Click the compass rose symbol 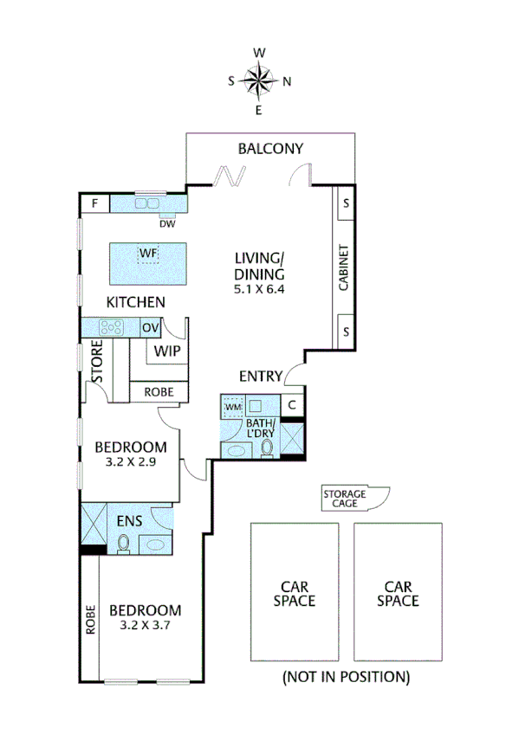point(259,81)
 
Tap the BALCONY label point(270,149)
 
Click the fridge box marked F point(94,204)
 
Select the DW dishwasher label point(168,222)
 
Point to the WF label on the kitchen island point(148,254)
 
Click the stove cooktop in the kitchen point(111,327)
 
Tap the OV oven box point(151,327)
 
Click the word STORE point(98,363)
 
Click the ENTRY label point(262,376)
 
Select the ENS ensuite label point(130,521)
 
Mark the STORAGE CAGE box point(345,499)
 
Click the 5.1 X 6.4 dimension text point(259,289)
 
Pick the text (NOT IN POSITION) point(346,676)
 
